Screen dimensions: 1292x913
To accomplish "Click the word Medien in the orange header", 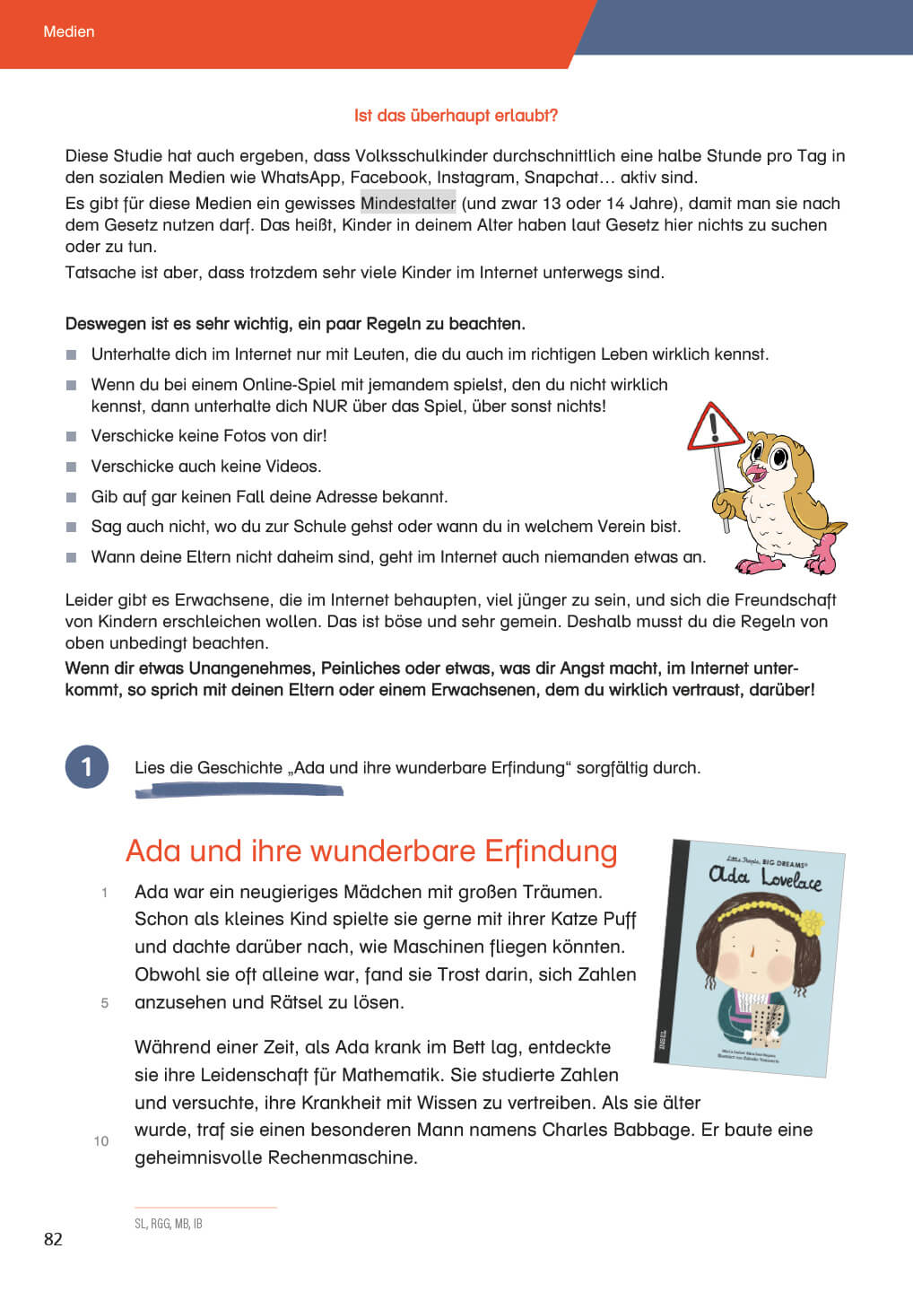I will pyautogui.click(x=69, y=31).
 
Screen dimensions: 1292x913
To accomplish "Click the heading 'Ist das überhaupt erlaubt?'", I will pyautogui.click(x=456, y=116).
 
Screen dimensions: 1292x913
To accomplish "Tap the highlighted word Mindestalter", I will pyautogui.click(x=408, y=204).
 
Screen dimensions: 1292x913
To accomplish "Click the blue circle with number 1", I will pyautogui.click(x=87, y=767).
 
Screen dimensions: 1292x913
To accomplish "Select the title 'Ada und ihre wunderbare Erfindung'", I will pyautogui.click(x=371, y=851).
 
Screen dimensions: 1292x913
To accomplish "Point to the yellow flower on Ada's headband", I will pyautogui.click(x=810, y=921).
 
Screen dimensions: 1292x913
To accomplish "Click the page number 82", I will pyautogui.click(x=53, y=1239).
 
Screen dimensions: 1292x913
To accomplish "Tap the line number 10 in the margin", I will pyautogui.click(x=101, y=1141).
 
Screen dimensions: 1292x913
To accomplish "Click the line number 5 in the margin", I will pyautogui.click(x=105, y=1003).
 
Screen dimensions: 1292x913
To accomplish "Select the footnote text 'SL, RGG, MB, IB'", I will pyautogui.click(x=169, y=1224).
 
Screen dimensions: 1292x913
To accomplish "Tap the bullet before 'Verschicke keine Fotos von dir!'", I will pyautogui.click(x=72, y=437).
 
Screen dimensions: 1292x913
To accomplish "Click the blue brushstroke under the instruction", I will pyautogui.click(x=239, y=790).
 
